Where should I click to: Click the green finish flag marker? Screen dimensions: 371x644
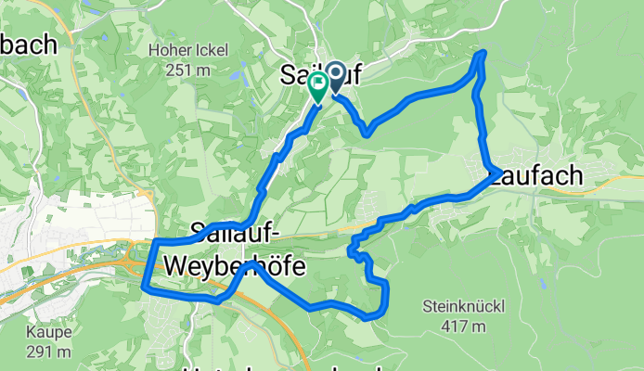coord(317,87)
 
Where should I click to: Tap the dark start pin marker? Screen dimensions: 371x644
coord(332,78)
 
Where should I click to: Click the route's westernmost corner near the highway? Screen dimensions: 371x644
coord(144,288)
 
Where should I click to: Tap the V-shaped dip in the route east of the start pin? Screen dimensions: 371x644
coord(367,133)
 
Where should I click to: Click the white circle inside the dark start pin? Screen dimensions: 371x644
coord(332,73)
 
